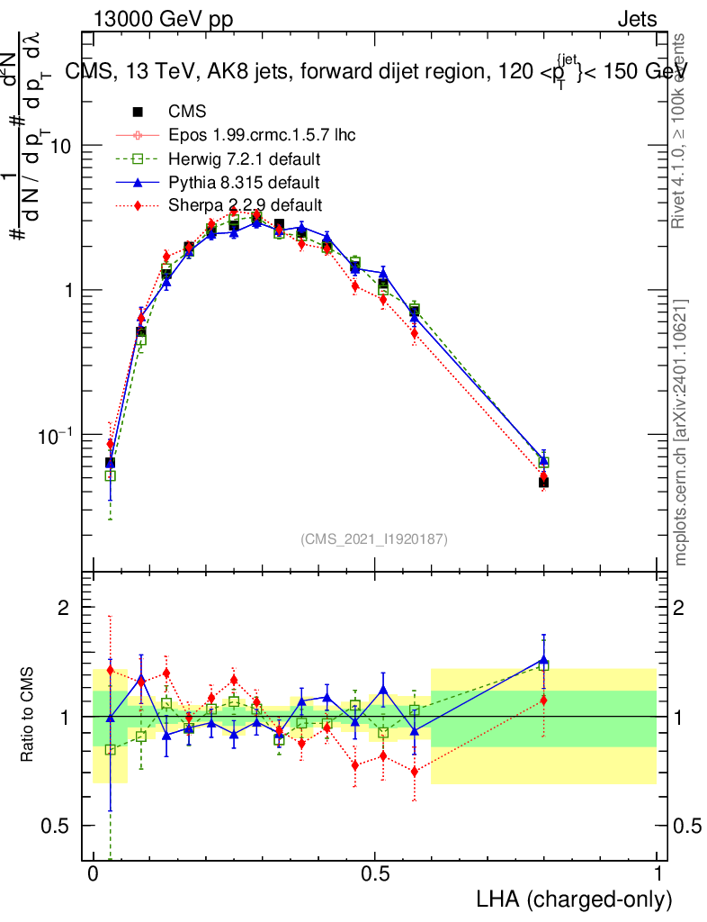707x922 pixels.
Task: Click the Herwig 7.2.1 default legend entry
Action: pos(245,159)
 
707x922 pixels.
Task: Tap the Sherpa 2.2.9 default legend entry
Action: pos(245,205)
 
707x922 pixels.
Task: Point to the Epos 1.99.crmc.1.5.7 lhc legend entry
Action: pos(262,136)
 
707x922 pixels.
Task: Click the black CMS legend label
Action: pos(187,113)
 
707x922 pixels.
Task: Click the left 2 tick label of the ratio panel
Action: pos(64,608)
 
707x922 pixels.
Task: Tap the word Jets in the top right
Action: pos(636,19)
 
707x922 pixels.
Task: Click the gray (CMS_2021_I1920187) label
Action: pos(374,538)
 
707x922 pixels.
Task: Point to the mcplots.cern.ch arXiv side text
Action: pos(681,432)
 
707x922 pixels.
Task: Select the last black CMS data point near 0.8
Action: pos(543,483)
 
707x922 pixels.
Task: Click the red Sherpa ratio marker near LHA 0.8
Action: pos(543,700)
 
